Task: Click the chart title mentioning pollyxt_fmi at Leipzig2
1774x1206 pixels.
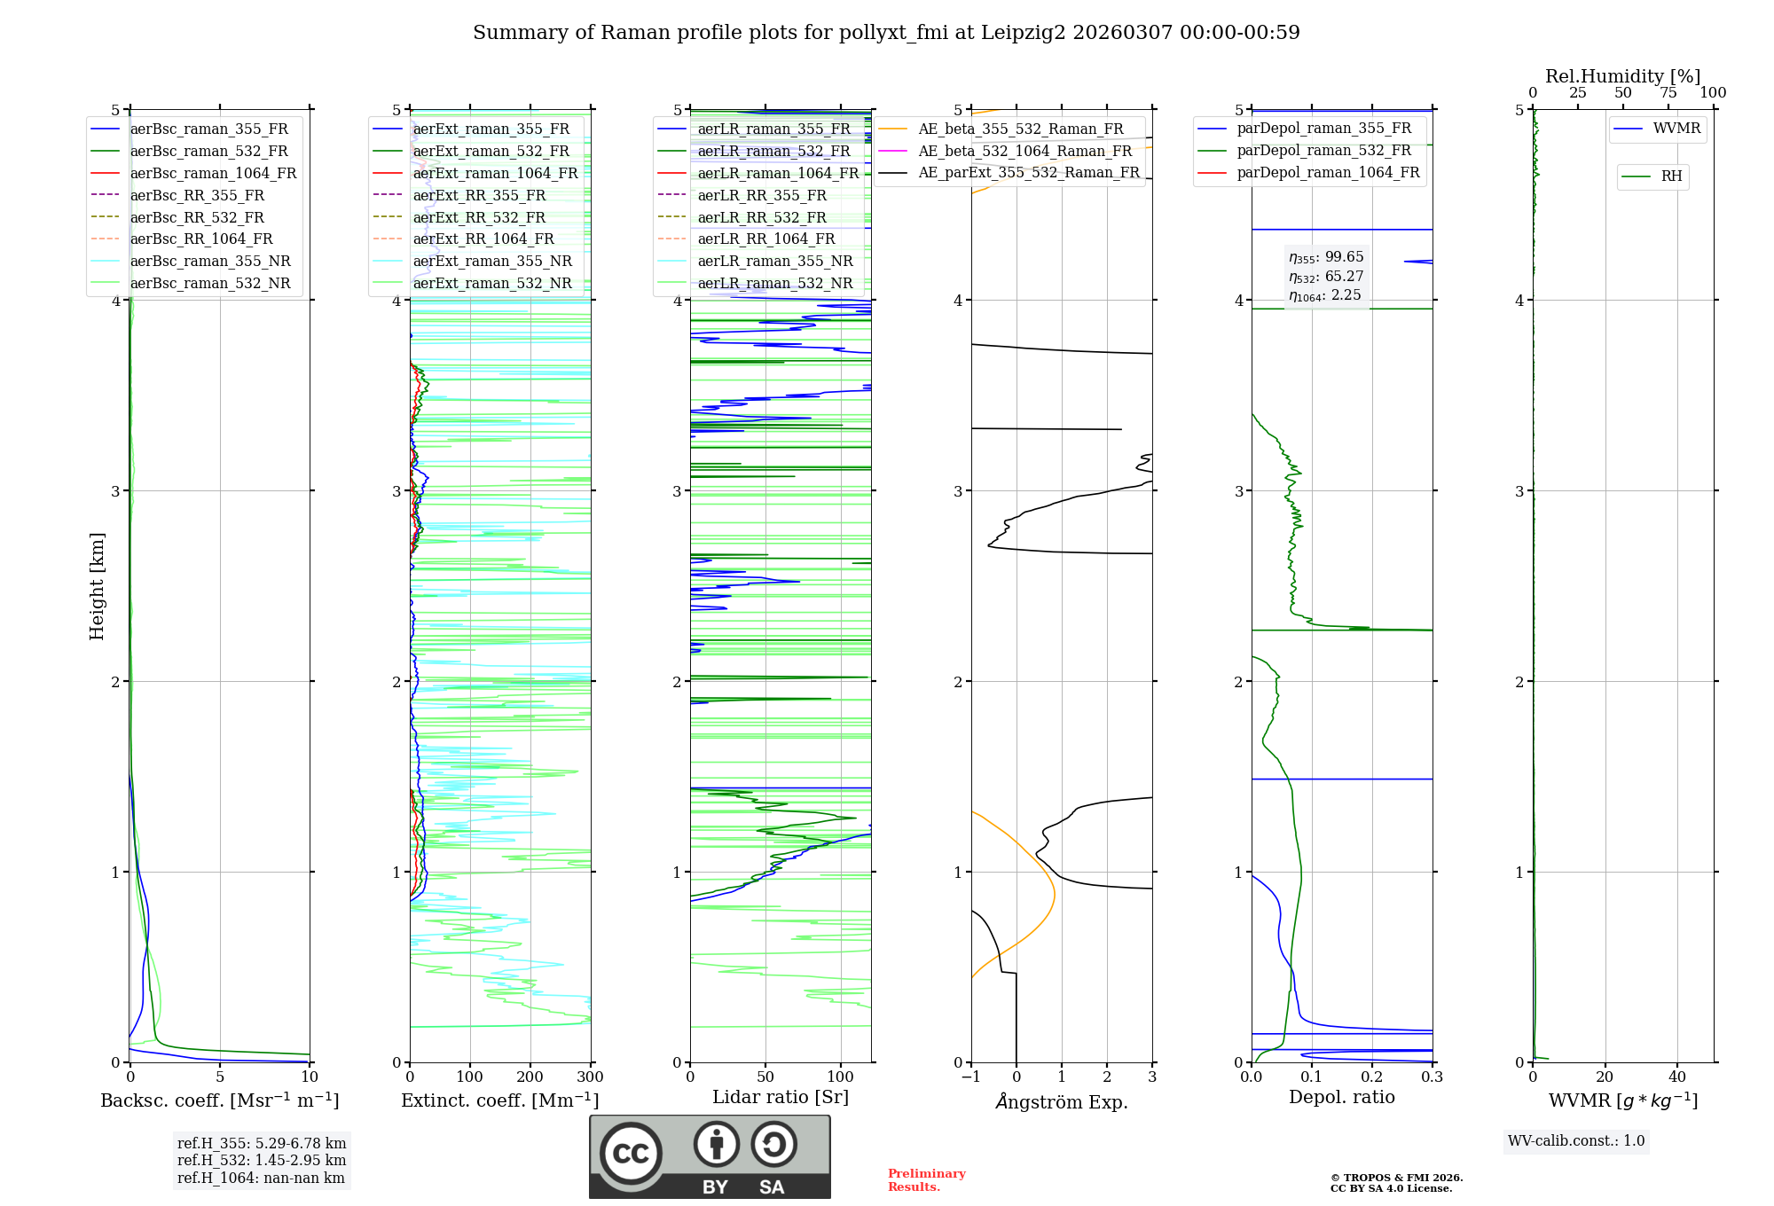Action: click(x=886, y=33)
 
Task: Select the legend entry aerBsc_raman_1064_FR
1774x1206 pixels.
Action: click(x=213, y=173)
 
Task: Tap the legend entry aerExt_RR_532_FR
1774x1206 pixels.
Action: click(x=479, y=217)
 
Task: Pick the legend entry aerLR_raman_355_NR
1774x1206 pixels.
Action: click(x=774, y=261)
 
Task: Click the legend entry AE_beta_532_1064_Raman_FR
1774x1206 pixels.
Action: click(x=1024, y=151)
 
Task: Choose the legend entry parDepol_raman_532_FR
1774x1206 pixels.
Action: click(x=1323, y=151)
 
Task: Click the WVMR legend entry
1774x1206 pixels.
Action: click(x=1676, y=129)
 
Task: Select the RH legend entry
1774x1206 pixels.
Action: click(x=1671, y=176)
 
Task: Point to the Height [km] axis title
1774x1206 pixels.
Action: click(x=97, y=586)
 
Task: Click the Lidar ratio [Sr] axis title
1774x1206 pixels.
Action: click(x=781, y=1097)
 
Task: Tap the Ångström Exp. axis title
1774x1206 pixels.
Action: click(x=1062, y=1102)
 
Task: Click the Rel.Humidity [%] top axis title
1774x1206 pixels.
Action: click(x=1622, y=76)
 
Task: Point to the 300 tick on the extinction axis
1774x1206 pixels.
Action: click(x=590, y=1077)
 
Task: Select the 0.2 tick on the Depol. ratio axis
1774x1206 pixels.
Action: click(x=1372, y=1077)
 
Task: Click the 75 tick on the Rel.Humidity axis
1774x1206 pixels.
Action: click(x=1668, y=93)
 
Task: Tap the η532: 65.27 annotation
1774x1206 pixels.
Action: click(x=1326, y=277)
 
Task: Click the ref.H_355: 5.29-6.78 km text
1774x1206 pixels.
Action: click(x=262, y=1143)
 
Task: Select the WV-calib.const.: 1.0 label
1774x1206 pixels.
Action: click(x=1576, y=1141)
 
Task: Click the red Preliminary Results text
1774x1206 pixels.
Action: click(x=926, y=1180)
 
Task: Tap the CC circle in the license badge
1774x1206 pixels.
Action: click(x=631, y=1154)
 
